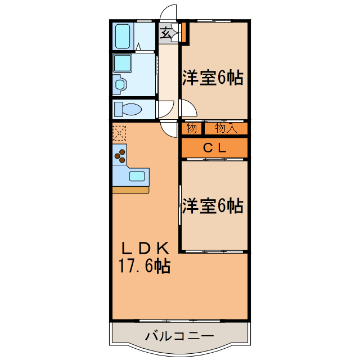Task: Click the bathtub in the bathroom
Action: tap(123, 35)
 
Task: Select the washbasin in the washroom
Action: tap(120, 84)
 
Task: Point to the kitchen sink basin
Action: tap(137, 175)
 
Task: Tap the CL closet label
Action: tap(214, 148)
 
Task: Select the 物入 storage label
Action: tap(225, 129)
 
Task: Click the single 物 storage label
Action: tap(191, 129)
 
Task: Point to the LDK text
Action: tap(144, 247)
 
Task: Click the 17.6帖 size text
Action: tap(144, 265)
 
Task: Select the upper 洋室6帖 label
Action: tap(212, 78)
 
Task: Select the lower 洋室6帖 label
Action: tap(212, 206)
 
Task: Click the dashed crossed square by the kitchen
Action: tap(119, 133)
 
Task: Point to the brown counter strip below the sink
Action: tap(130, 190)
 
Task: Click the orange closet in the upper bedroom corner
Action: tap(184, 33)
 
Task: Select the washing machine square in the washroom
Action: tap(123, 62)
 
